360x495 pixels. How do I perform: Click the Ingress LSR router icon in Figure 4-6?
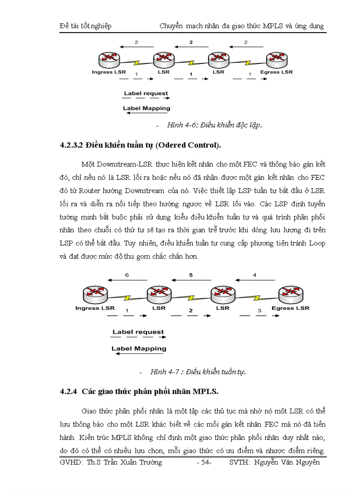pyautogui.click(x=106, y=60)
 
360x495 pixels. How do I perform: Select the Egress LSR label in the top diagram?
pyautogui.click(x=277, y=72)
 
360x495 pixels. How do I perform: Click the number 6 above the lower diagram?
pyautogui.click(x=127, y=275)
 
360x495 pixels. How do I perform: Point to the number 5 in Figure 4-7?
pyautogui.click(x=191, y=275)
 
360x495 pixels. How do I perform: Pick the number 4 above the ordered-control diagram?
pyautogui.click(x=254, y=275)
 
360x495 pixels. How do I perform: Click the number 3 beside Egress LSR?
pyautogui.click(x=259, y=311)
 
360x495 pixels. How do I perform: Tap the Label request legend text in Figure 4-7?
pyautogui.click(x=138, y=332)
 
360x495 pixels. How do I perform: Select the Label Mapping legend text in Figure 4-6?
pyautogui.click(x=146, y=108)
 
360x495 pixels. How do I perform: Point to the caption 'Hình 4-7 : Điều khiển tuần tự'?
pyautogui.click(x=198, y=372)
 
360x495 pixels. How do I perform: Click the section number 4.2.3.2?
pyautogui.click(x=71, y=145)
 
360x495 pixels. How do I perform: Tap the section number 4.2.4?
pyautogui.click(x=68, y=391)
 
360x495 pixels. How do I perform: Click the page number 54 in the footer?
pyautogui.click(x=204, y=462)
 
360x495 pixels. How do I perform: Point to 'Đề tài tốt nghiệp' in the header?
pyautogui.click(x=86, y=26)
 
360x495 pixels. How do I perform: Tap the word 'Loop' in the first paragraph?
pyautogui.click(x=317, y=243)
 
